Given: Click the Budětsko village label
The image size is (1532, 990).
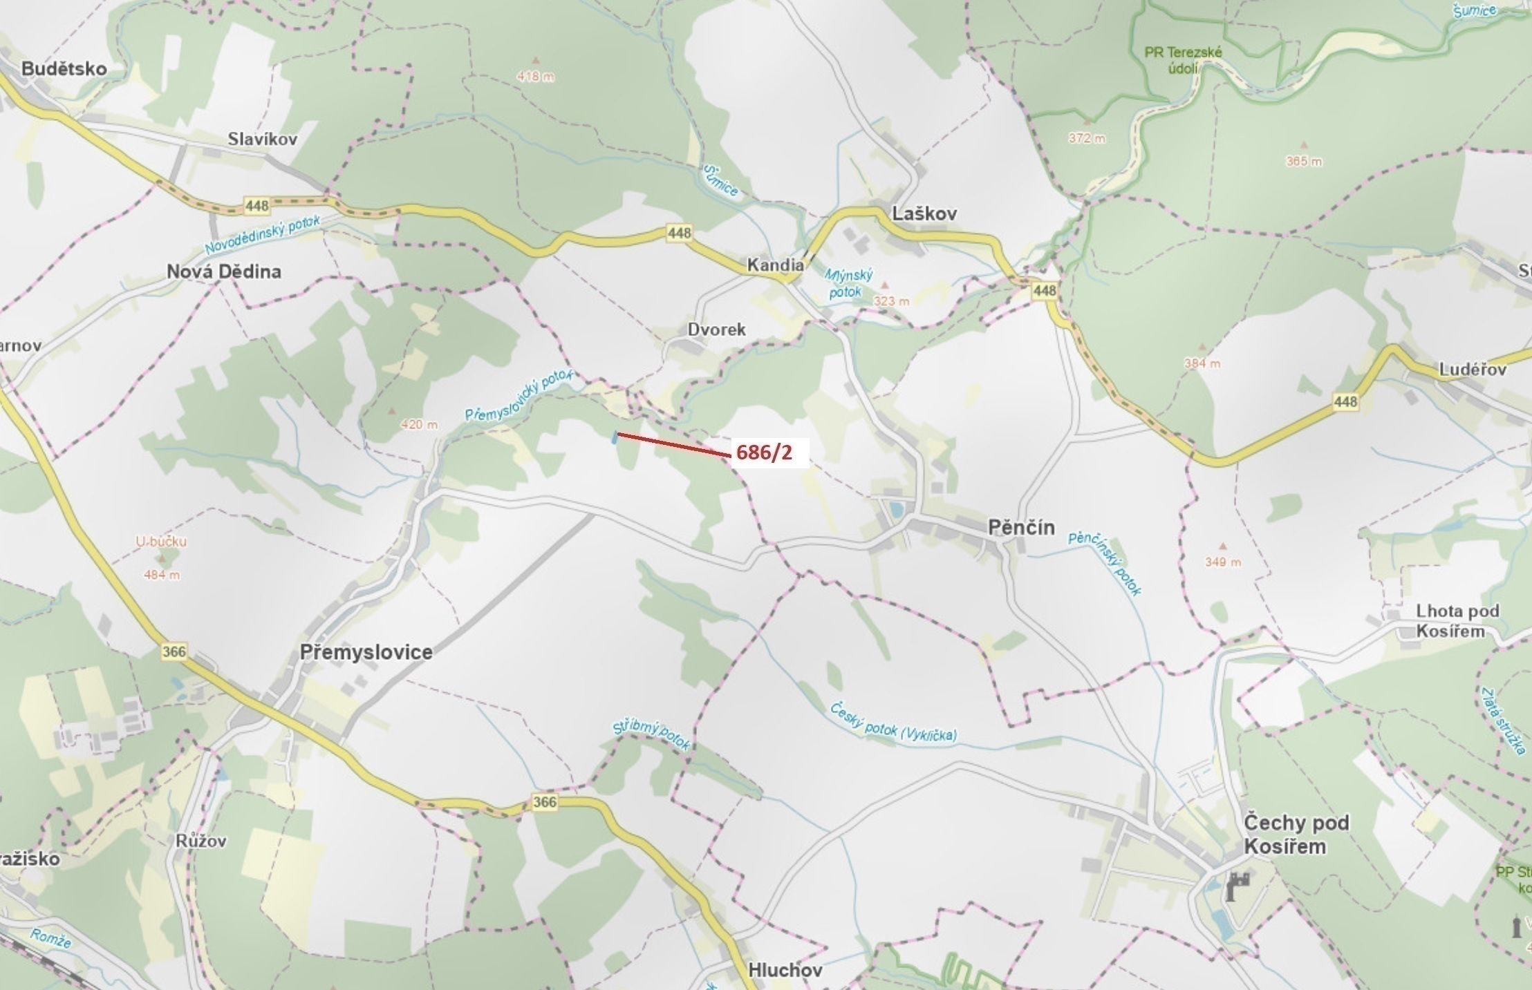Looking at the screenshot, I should (x=64, y=68).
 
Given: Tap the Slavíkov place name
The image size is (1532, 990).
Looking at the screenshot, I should (x=263, y=139).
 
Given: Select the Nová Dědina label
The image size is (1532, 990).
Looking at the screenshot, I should (x=223, y=272).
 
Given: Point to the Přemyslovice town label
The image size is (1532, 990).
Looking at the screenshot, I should (x=366, y=651).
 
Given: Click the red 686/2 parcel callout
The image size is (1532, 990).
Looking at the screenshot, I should (x=764, y=453).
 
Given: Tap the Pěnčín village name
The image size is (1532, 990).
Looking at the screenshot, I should (x=1021, y=528).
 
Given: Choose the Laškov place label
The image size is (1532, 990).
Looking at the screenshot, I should (x=924, y=213).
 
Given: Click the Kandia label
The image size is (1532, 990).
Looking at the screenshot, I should (x=775, y=265).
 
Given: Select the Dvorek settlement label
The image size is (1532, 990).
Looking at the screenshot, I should (x=716, y=330).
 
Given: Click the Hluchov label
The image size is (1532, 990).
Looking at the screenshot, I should (x=785, y=970).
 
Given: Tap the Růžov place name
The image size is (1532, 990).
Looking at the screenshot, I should (x=200, y=841).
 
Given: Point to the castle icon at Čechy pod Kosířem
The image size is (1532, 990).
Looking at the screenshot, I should (x=1237, y=886).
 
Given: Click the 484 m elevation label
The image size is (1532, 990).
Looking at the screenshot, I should (x=162, y=574).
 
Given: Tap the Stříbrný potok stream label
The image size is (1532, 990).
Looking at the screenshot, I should (x=651, y=736).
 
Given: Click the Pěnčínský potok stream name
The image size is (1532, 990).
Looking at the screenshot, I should (x=1105, y=563).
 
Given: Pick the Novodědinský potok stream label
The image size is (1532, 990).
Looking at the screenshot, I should (x=263, y=235).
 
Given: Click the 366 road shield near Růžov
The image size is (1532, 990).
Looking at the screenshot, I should (x=544, y=801).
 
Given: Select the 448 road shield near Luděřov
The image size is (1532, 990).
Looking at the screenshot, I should (x=1345, y=401).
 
